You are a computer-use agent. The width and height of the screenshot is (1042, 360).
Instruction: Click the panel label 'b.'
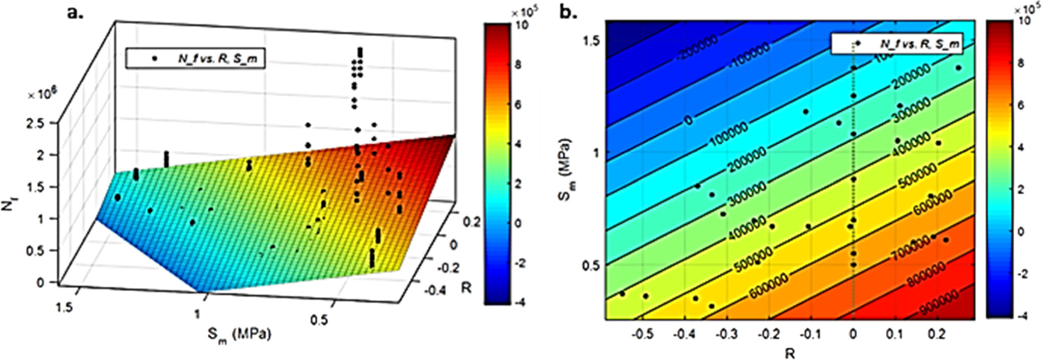(x=568, y=12)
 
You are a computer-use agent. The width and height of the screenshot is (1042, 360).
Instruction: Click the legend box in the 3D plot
(x=196, y=58)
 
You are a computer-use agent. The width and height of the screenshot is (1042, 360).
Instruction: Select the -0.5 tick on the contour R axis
(x=644, y=334)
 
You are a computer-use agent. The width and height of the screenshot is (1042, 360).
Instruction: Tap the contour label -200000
(x=698, y=47)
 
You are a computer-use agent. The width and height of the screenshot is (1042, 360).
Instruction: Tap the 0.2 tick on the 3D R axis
(x=472, y=222)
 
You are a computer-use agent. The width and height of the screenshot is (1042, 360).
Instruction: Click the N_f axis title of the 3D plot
(x=8, y=206)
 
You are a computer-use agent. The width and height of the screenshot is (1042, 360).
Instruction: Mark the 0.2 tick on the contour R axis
(x=937, y=334)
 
